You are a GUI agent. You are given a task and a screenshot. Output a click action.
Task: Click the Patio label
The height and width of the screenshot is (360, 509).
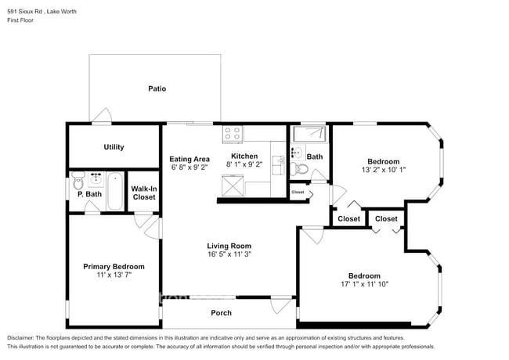tap(157, 88)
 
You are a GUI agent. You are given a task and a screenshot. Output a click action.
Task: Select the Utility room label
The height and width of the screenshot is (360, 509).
tap(114, 147)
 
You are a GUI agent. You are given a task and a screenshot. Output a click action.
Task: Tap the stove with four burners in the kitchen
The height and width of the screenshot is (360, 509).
tap(233, 134)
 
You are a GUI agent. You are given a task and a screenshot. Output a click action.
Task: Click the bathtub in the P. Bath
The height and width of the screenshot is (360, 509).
tap(114, 191)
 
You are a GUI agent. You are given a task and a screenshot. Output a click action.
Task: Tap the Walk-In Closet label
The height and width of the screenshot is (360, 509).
tap(143, 193)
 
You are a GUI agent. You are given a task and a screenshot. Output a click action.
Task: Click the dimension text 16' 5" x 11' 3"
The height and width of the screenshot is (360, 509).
tap(229, 254)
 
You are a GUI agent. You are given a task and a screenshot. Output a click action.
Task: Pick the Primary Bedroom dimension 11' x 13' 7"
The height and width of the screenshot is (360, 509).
tap(114, 275)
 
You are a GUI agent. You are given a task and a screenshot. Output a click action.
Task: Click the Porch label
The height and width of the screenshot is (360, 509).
tap(221, 313)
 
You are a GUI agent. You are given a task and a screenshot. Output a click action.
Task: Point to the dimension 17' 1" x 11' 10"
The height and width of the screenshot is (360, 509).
tap(364, 284)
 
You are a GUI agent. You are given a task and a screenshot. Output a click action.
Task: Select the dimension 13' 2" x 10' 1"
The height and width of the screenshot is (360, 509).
tap(384, 170)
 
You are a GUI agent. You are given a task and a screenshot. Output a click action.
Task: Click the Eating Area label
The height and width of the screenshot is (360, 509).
tap(190, 158)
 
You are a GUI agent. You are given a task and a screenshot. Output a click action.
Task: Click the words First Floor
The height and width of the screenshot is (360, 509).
tap(21, 20)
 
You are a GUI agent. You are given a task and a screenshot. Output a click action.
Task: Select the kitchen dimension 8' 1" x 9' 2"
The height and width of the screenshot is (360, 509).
tap(244, 166)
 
